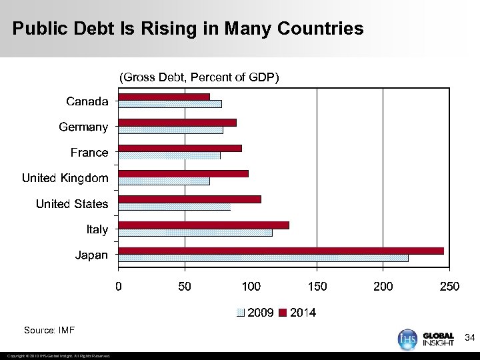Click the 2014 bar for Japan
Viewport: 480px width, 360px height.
coord(281,251)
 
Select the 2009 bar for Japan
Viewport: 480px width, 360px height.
coord(263,258)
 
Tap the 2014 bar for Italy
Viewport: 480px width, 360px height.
coord(203,225)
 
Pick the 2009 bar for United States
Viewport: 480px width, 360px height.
coord(174,207)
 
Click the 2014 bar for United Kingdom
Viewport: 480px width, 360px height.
coord(183,173)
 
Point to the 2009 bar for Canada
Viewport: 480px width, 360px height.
coord(170,104)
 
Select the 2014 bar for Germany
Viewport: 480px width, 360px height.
coord(177,123)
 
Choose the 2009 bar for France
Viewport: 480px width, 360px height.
coord(169,155)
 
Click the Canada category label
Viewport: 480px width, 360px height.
coord(87,101)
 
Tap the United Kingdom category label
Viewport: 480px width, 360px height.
coord(65,178)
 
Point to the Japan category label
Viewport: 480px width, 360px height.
coord(91,255)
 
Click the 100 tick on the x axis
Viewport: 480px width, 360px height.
coord(251,287)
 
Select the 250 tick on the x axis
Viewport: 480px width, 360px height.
coord(450,287)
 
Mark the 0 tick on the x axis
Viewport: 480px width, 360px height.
coord(119,287)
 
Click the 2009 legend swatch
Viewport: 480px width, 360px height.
coord(241,313)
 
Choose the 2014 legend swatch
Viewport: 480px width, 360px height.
coord(282,313)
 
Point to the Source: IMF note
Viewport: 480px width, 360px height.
coord(49,330)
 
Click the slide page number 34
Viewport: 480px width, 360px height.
coord(469,339)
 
